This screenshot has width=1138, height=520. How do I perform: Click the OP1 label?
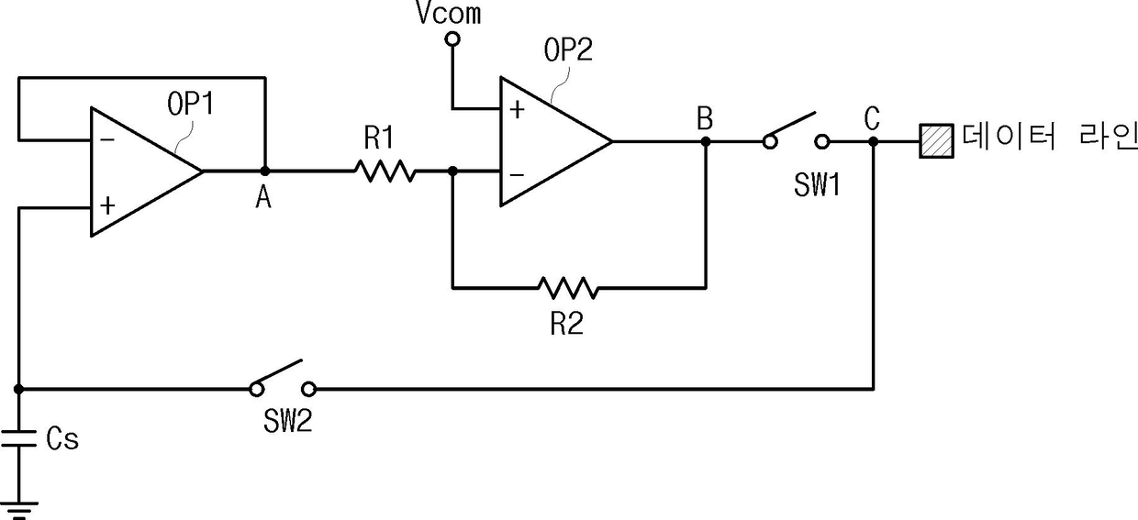pos(191,104)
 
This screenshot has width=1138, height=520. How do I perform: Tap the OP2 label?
pos(568,50)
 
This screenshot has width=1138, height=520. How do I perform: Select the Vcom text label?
pos(449,13)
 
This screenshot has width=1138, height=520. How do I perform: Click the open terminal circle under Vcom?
pos(452,39)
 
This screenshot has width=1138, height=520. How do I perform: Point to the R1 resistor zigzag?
pos(385,171)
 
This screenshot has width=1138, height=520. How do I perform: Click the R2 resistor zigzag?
pos(568,288)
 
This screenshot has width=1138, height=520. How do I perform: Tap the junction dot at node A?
pos(264,171)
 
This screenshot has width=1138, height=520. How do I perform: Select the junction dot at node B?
pos(705,141)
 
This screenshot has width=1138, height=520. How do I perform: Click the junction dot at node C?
pos(873,141)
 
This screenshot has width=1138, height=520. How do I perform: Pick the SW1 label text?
pos(817,184)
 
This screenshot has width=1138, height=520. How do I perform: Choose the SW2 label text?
pos(287,421)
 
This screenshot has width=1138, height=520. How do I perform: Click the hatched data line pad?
pos(936,141)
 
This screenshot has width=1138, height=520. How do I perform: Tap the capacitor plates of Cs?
pos(18,438)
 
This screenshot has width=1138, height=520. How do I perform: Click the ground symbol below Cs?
pos(18,511)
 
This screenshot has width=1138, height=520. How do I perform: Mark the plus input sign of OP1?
pos(107,205)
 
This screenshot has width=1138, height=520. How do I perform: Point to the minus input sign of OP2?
pos(517,175)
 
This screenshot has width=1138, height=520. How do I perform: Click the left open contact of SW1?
pos(770,141)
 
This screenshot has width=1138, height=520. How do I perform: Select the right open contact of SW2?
pos(309,390)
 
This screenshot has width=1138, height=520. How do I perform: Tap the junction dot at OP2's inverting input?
pos(452,171)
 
